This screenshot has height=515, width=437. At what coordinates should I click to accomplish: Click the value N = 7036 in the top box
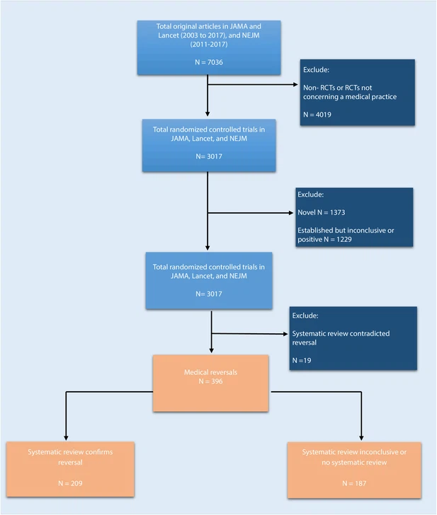[x=209, y=62]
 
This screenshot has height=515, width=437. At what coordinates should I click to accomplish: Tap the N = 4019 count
[x=317, y=115]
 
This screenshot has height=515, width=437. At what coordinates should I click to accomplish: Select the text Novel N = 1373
[x=322, y=212]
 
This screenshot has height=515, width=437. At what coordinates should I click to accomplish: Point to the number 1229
[x=344, y=239]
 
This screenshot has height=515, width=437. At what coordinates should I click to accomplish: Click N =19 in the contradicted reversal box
[x=302, y=360]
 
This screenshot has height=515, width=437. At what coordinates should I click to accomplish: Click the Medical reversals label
[x=210, y=372]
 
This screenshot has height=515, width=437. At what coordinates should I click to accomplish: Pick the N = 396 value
[x=210, y=381]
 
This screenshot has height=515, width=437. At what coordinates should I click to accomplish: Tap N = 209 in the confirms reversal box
[x=70, y=483]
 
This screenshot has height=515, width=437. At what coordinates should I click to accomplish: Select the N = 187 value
[x=354, y=483]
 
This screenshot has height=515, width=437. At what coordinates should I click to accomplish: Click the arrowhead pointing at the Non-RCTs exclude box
[x=295, y=84]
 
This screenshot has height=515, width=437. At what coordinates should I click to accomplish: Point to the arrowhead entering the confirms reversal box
[x=66, y=438]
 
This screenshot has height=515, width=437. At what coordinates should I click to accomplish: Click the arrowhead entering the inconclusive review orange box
[x=361, y=438]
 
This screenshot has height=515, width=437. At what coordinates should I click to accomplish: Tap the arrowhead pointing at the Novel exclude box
[x=291, y=213]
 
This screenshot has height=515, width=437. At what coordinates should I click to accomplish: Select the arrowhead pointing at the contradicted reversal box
[x=285, y=334]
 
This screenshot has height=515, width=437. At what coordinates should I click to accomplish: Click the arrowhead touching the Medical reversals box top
[x=212, y=351]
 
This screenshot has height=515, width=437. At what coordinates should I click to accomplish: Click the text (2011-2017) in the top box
[x=209, y=45]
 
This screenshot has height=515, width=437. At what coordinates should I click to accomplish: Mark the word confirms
[x=98, y=452]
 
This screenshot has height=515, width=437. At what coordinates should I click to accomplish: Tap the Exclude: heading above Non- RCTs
[x=316, y=69]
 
